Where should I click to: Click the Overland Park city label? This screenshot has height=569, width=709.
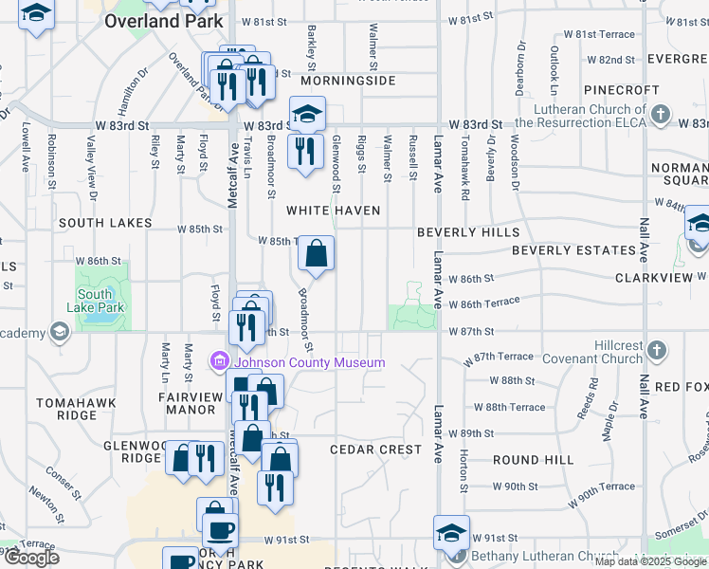pos(164,21)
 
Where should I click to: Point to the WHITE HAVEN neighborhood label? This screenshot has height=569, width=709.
pos(334,211)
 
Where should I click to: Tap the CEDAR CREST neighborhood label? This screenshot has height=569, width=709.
pos(375,450)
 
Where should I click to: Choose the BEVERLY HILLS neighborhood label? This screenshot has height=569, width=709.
pos(468,232)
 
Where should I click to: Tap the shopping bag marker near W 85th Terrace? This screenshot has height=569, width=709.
pos(317,253)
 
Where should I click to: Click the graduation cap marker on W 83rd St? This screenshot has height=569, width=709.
pos(307,115)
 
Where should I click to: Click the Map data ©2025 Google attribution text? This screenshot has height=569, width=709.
pos(649,561)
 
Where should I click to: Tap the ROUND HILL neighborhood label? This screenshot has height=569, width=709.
pos(533,460)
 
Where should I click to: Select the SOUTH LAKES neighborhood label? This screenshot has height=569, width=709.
pos(105,223)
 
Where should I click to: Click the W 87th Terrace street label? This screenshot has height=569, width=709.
pos(499,357)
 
